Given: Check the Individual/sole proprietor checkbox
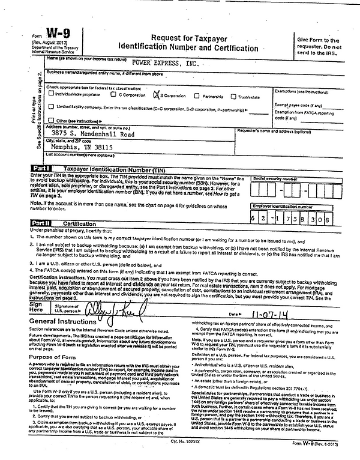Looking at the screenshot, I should (50, 95).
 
